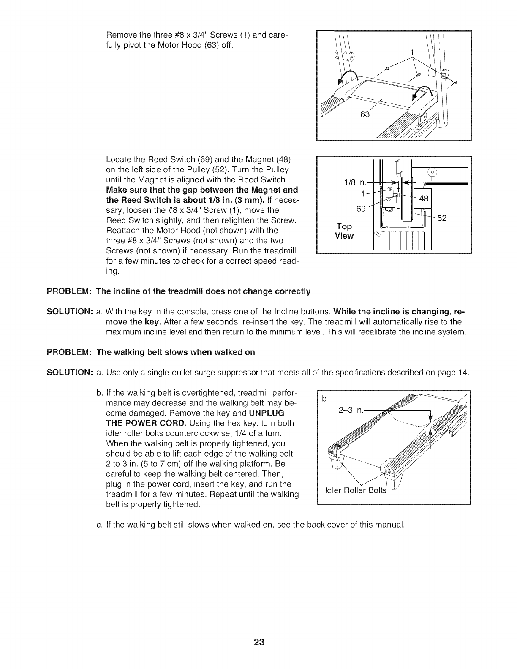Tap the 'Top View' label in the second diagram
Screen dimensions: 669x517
[x=344, y=231]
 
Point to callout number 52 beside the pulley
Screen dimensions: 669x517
[x=441, y=218]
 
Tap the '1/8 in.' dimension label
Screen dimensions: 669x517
[x=355, y=182]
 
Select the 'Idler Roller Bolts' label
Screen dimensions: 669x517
[x=355, y=490]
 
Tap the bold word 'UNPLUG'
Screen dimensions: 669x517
[x=267, y=412]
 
